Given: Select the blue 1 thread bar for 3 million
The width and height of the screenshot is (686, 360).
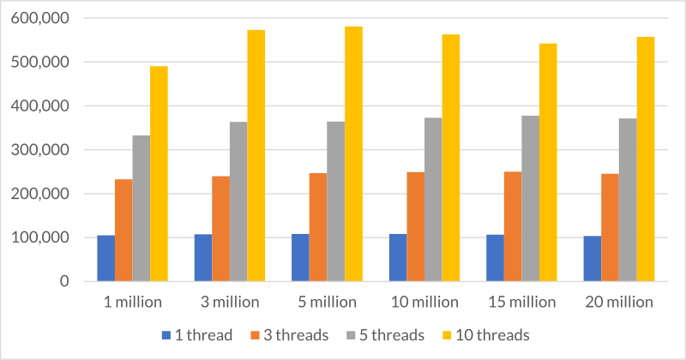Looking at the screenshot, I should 203,257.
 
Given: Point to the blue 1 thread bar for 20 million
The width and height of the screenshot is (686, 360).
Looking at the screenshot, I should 592,258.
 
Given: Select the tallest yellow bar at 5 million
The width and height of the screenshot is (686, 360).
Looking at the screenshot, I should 353,154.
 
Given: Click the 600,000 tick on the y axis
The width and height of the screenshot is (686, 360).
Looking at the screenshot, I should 41,18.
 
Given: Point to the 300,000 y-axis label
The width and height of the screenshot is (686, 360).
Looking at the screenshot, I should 41,150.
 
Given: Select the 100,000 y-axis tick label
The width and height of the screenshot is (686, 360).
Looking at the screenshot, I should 41,238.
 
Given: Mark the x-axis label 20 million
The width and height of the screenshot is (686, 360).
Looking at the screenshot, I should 618,303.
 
